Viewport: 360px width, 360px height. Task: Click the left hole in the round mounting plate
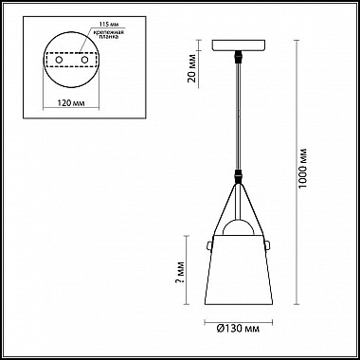60,61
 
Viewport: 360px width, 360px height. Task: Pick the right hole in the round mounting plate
86,61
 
